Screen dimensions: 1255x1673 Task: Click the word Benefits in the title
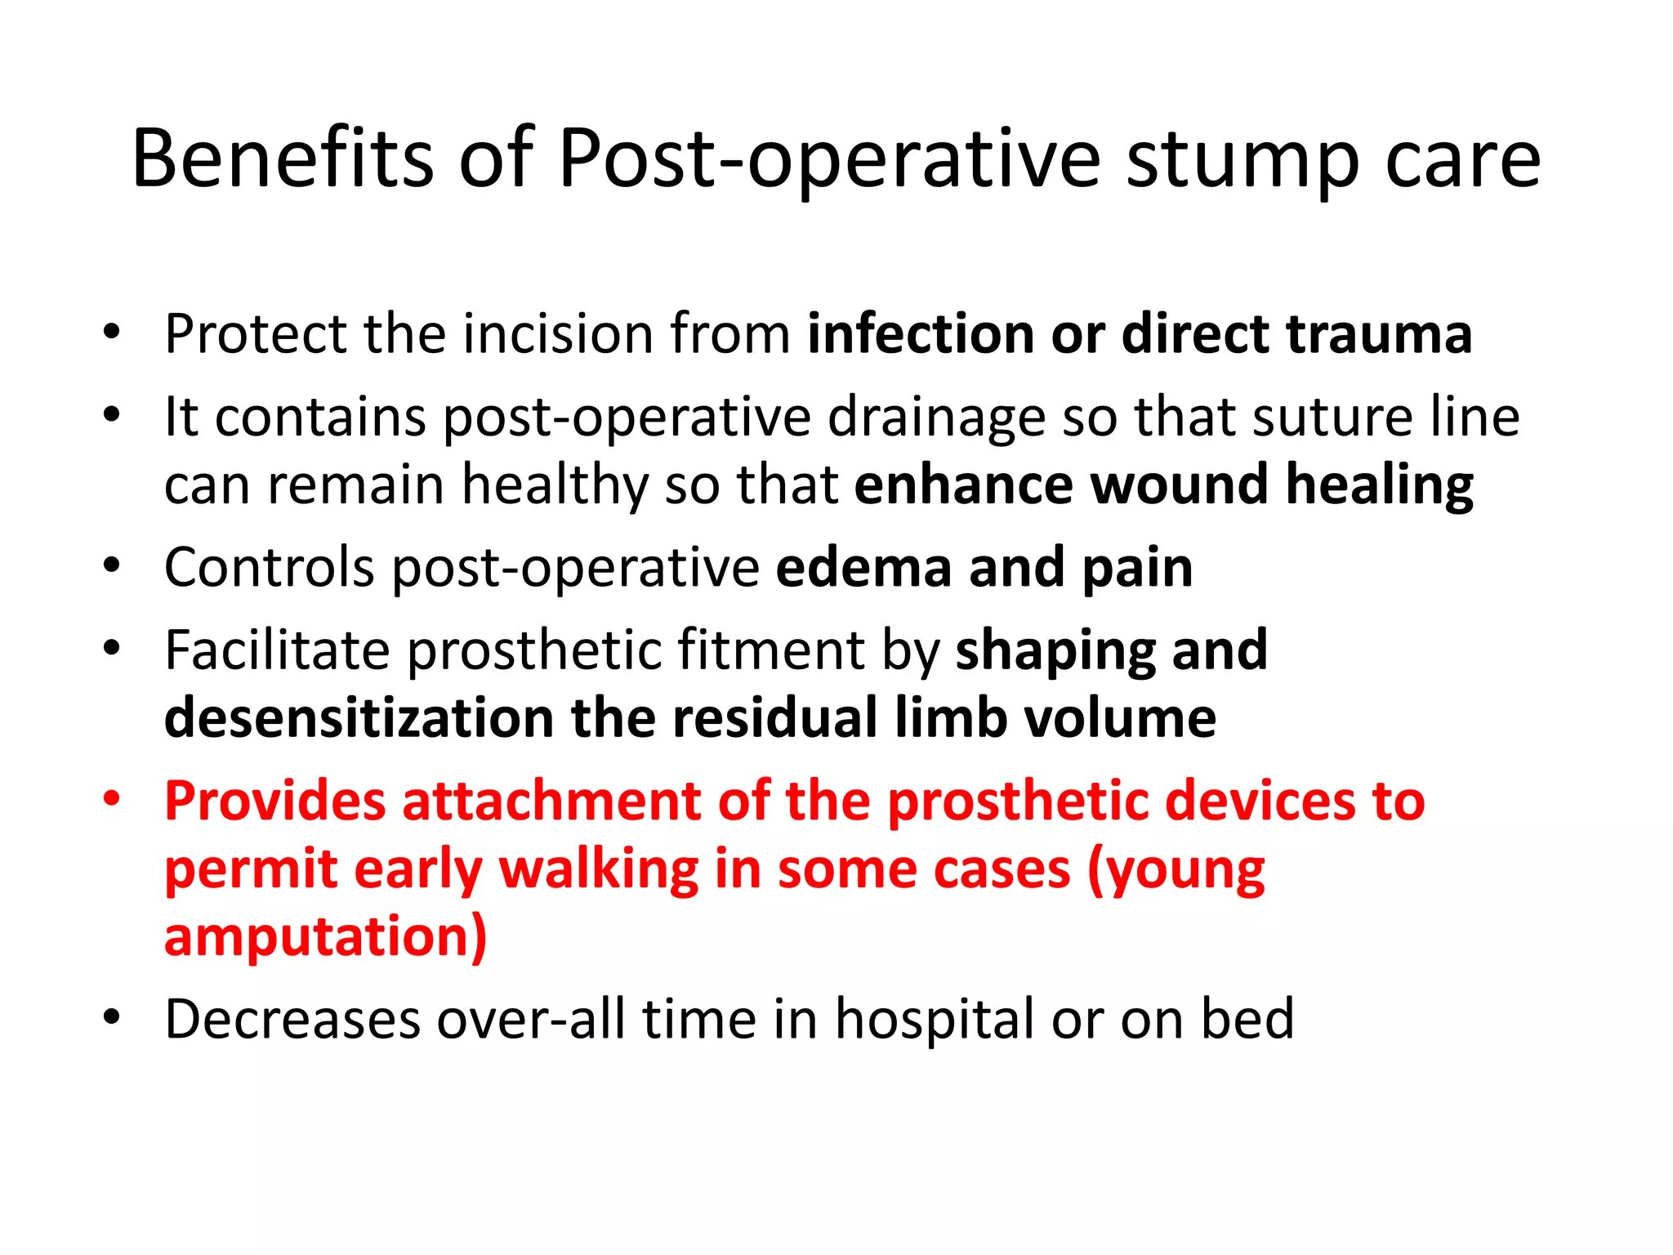coord(282,159)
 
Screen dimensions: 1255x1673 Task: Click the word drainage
coord(936,418)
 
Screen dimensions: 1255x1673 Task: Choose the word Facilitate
coord(277,650)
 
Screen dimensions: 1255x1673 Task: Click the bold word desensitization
coord(359,717)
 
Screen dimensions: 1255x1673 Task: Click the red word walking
coord(598,869)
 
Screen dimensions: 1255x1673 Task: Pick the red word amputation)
coord(325,936)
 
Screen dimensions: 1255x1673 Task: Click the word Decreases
coord(292,1020)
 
